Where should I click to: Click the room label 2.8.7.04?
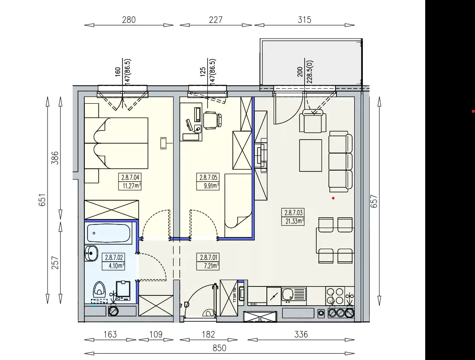click(x=131, y=177)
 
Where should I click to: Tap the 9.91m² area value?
click(x=211, y=185)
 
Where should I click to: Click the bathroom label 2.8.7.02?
click(x=114, y=258)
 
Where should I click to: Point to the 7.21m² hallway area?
click(x=211, y=266)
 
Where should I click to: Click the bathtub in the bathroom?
click(x=109, y=233)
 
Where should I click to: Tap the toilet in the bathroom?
click(x=98, y=290)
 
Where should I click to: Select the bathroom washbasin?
click(x=91, y=253)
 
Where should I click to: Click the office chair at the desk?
click(x=212, y=120)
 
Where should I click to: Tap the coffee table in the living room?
click(x=310, y=155)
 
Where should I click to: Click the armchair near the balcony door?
click(x=313, y=121)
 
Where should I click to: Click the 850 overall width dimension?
click(x=219, y=348)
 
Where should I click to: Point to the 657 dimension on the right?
click(x=374, y=201)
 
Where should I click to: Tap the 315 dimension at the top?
click(x=305, y=20)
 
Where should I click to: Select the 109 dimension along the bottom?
click(x=156, y=334)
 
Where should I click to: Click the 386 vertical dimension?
click(x=55, y=158)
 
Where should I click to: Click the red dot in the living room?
click(x=333, y=198)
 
